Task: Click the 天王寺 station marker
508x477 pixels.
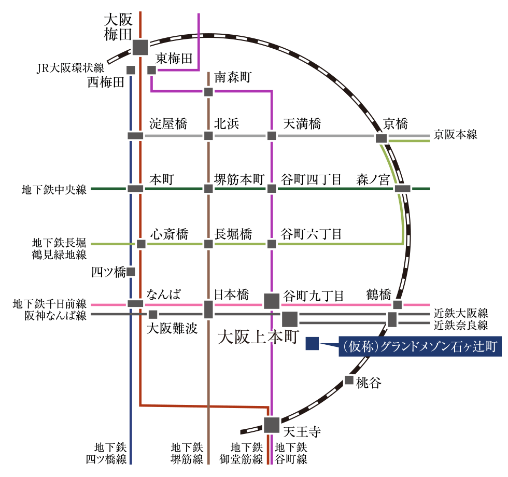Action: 271,425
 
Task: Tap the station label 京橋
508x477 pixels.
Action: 395,124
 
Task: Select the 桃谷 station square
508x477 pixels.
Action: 348,380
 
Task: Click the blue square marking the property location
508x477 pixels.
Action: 312,343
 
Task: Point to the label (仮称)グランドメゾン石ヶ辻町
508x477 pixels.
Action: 420,346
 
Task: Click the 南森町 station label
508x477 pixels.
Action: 233,77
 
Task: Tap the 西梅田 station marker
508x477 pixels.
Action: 131,70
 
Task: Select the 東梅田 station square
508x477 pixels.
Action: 151,70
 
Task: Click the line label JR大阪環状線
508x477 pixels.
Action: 70,68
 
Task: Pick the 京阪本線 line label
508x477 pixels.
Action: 455,134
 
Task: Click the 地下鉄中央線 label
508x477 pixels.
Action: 54,190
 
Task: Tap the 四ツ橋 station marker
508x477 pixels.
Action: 131,272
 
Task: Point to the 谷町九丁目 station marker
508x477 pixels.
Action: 272,301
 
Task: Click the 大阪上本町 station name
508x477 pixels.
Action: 258,337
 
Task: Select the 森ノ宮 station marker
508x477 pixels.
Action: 403,189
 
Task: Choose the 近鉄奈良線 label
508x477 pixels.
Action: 461,325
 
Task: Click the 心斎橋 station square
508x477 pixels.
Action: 141,244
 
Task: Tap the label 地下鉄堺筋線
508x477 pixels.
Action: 187,453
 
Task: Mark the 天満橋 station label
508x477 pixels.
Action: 302,124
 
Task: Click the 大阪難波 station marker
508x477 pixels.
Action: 153,314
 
